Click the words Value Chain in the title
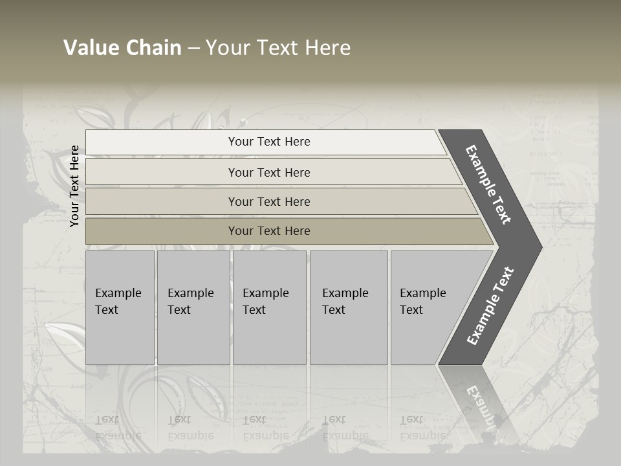(122, 47)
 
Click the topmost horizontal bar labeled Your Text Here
(268, 142)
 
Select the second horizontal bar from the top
(268, 172)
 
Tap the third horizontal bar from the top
(268, 201)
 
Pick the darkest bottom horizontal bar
(268, 231)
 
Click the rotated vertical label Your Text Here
(75, 186)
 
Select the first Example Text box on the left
(120, 307)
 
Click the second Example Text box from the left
(193, 307)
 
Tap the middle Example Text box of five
(269, 307)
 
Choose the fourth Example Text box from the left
(348, 307)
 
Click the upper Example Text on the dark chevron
(488, 184)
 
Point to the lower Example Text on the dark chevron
(490, 305)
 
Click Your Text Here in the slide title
(278, 47)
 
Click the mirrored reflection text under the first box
(118, 428)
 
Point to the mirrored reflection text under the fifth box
(422, 428)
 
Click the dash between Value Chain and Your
(193, 48)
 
